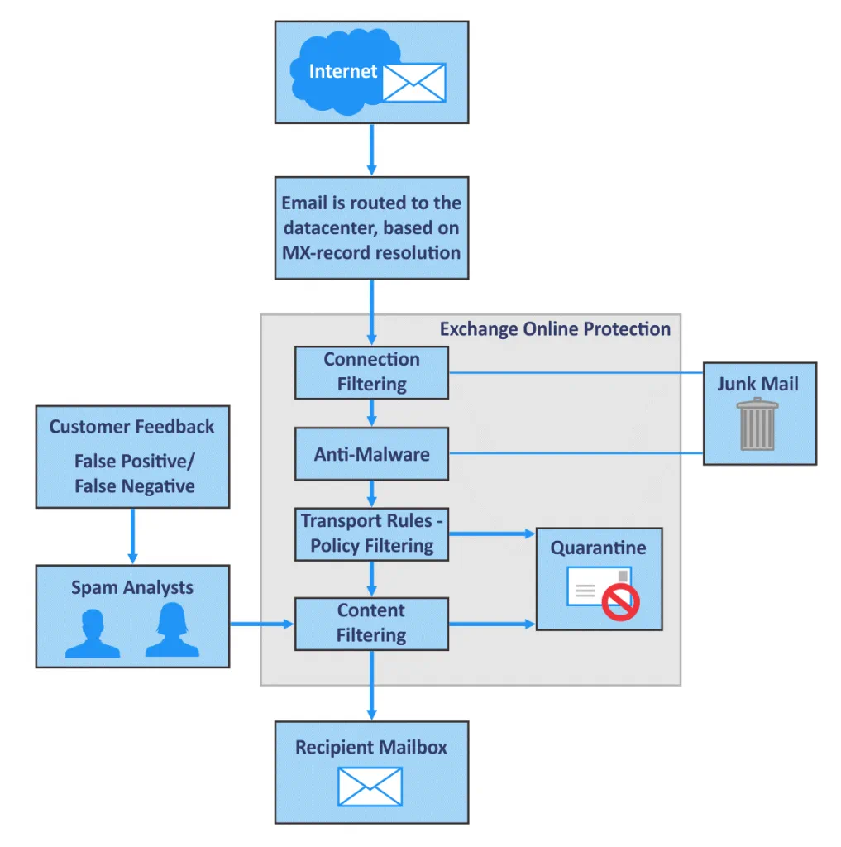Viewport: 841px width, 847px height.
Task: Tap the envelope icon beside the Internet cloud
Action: coord(413,83)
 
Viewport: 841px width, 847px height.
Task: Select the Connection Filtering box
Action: coord(371,372)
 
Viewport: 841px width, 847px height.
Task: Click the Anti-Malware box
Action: coord(371,453)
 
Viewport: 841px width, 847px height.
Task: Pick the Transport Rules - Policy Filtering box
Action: coord(371,534)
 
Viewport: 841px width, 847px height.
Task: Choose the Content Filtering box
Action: coord(371,624)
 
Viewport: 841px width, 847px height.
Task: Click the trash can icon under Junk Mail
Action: coord(758,424)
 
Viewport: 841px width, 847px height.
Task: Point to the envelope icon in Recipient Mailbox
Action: coord(370,786)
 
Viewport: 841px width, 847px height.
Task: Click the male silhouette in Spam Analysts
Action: coord(93,634)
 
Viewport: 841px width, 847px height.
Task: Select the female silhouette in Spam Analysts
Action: coord(172,631)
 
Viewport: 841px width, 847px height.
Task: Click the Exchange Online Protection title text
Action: coord(554,329)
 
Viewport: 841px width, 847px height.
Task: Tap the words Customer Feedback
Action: coord(131,427)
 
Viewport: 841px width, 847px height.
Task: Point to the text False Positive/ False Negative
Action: coord(134,474)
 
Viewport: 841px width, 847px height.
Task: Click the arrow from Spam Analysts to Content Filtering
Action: coord(262,624)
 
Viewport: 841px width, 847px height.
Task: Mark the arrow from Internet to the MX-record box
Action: coord(371,149)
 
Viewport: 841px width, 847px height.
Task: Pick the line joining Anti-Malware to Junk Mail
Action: coord(576,453)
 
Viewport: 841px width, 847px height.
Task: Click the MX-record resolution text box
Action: coord(371,227)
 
